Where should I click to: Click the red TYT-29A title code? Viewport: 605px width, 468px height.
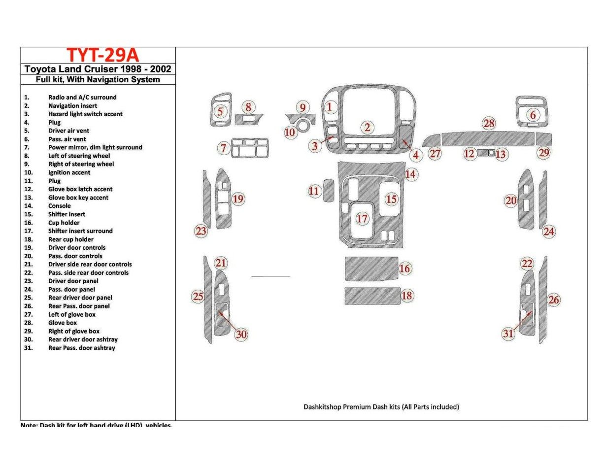tap(99, 55)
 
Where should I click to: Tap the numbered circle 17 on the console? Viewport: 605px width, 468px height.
tap(362, 218)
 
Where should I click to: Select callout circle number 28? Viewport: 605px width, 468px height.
tap(489, 123)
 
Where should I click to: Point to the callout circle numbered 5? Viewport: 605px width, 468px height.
tap(220, 112)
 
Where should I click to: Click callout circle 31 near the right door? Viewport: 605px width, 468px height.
tap(508, 334)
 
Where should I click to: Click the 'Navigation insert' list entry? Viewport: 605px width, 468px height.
tap(72, 106)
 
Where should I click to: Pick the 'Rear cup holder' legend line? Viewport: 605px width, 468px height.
tap(70, 239)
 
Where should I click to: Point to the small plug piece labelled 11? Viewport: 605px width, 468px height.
tap(329, 191)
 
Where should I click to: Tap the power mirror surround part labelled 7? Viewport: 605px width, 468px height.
tap(250, 148)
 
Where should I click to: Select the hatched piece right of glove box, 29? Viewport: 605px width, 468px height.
tap(544, 138)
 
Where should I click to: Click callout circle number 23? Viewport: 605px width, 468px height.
tap(201, 231)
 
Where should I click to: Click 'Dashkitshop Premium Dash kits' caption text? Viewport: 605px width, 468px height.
tap(381, 407)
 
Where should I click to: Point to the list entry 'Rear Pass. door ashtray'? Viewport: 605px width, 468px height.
tap(81, 348)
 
